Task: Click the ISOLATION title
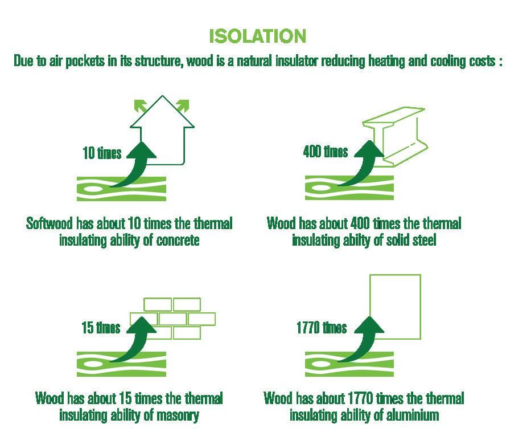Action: click(x=257, y=36)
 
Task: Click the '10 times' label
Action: click(x=101, y=153)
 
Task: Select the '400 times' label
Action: click(x=325, y=152)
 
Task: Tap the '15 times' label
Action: click(x=101, y=328)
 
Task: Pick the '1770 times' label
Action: click(x=321, y=328)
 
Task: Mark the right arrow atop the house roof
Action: click(x=183, y=104)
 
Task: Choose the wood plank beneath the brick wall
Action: click(x=121, y=364)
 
